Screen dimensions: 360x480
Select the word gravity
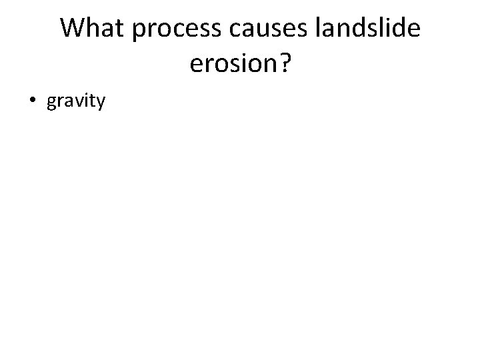click(x=76, y=102)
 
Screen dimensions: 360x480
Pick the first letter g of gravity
click(x=52, y=104)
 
